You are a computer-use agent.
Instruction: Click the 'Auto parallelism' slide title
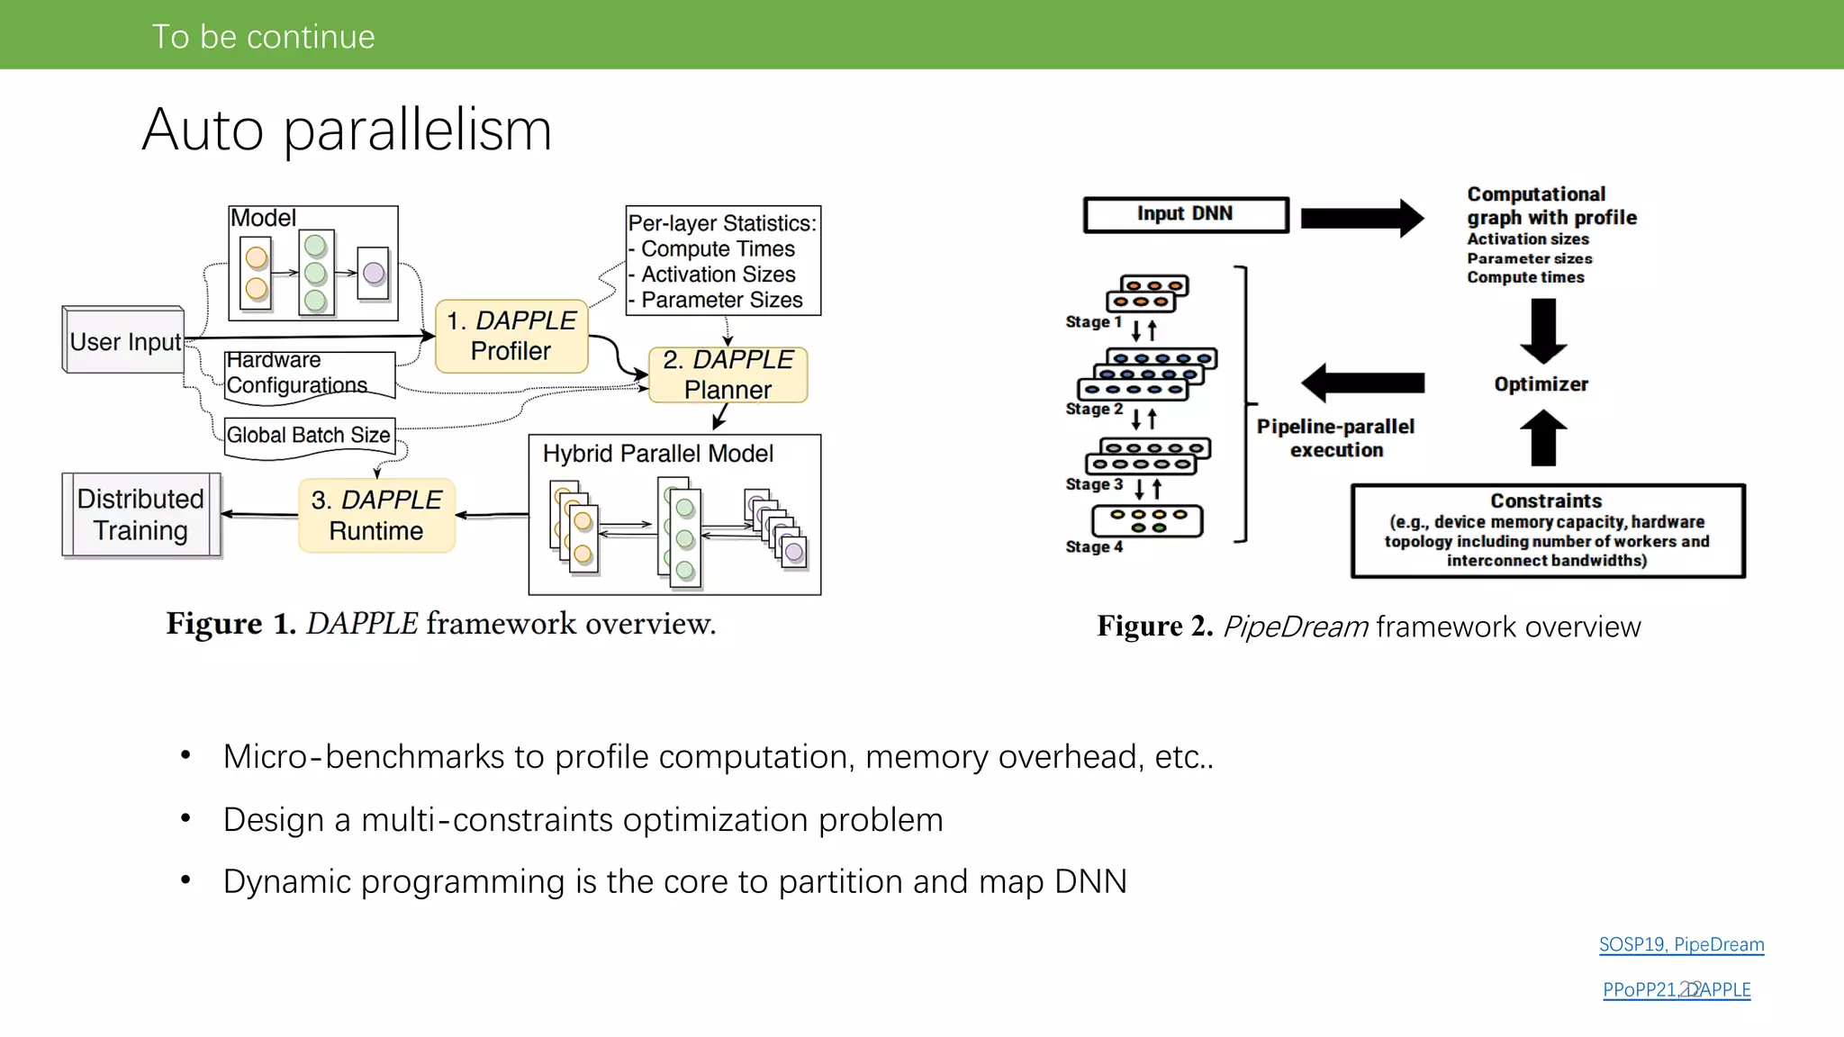pyautogui.click(x=347, y=130)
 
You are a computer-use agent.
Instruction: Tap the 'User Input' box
pyautogui.click(x=124, y=341)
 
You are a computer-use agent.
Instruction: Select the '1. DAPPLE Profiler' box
pyautogui.click(x=511, y=336)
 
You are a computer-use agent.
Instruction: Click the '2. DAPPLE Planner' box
pyautogui.click(x=728, y=374)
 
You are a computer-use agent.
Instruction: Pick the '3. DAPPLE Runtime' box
pyautogui.click(x=376, y=515)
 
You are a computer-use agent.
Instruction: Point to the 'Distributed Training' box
pyautogui.click(x=140, y=514)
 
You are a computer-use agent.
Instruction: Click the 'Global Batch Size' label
pyautogui.click(x=308, y=435)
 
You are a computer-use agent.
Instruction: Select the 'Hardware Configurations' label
pyautogui.click(x=297, y=373)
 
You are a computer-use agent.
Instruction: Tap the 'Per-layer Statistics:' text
pyautogui.click(x=722, y=223)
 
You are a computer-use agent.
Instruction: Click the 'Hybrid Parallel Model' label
pyautogui.click(x=657, y=454)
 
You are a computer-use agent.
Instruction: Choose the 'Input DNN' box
pyautogui.click(x=1185, y=214)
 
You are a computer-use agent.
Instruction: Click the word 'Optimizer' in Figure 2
pyautogui.click(x=1541, y=384)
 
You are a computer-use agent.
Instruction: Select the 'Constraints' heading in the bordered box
pyautogui.click(x=1546, y=500)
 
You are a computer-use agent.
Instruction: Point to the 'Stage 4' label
pyautogui.click(x=1094, y=546)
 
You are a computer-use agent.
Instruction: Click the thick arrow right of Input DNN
pyautogui.click(x=1361, y=218)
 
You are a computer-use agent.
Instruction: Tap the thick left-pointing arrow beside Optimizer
pyautogui.click(x=1361, y=383)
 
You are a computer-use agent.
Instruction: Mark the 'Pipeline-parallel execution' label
pyautogui.click(x=1335, y=438)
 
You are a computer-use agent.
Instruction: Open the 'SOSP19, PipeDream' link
pyautogui.click(x=1681, y=944)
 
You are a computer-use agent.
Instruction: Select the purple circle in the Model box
pyautogui.click(x=374, y=273)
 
